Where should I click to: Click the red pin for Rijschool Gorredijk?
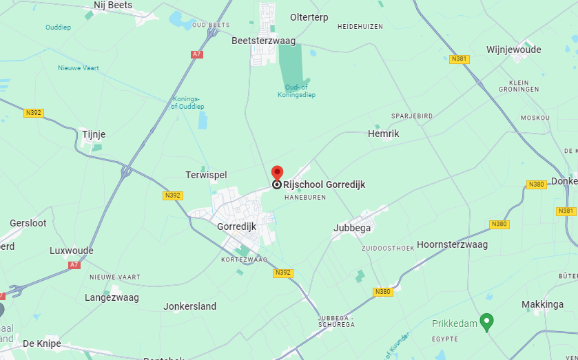(x=277, y=173)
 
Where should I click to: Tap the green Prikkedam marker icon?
(x=486, y=321)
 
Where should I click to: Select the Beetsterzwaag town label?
(x=264, y=41)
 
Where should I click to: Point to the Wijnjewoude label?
(x=513, y=50)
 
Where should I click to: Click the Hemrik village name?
(x=384, y=134)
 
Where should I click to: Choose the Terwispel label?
(x=206, y=175)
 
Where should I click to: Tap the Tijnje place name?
(x=94, y=134)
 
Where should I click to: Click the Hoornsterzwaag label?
(x=452, y=244)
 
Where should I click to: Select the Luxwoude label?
(x=72, y=251)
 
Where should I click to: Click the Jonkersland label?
(x=189, y=306)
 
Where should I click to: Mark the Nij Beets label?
(x=113, y=6)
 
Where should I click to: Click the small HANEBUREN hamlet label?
(x=305, y=197)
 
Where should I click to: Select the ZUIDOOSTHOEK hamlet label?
(x=388, y=248)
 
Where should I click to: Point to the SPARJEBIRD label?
(x=412, y=116)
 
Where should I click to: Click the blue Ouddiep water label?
(x=59, y=28)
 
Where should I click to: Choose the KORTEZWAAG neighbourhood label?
(x=244, y=260)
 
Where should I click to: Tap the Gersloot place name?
(x=28, y=223)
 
